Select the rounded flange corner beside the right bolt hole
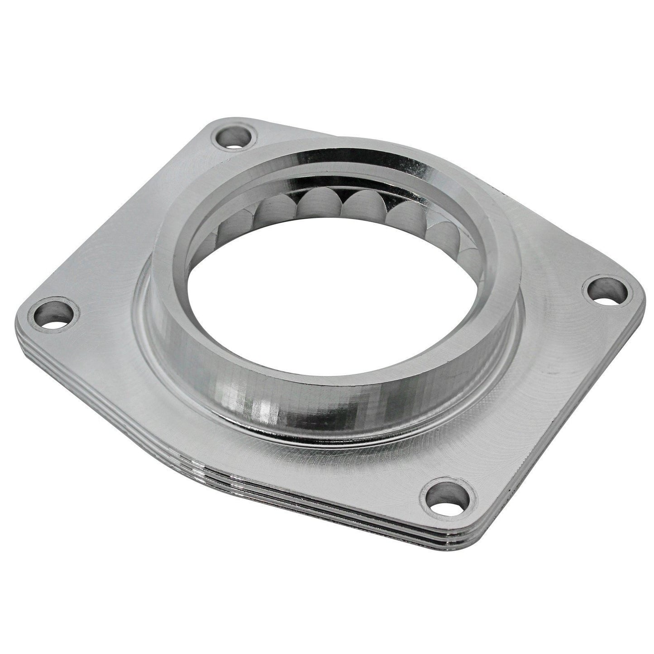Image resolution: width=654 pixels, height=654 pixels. click(x=634, y=294)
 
